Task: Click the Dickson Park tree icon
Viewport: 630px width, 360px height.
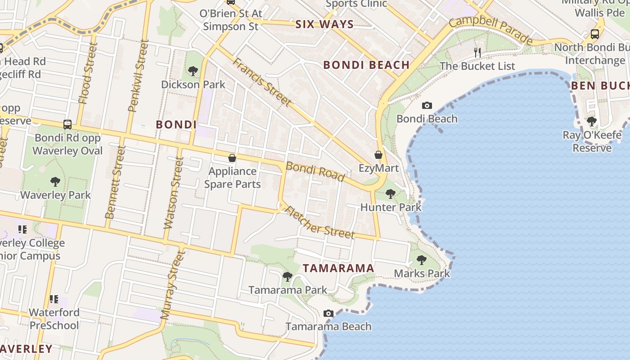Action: (x=193, y=71)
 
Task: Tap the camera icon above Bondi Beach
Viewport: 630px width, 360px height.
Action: (x=427, y=106)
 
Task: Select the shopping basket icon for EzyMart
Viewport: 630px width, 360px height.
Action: (x=378, y=155)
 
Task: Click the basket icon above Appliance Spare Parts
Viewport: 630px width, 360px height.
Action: (x=232, y=158)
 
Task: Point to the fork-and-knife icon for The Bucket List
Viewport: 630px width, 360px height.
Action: (x=477, y=53)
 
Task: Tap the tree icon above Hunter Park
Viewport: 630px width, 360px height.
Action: (x=391, y=194)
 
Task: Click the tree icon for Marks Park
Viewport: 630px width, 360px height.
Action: (x=422, y=260)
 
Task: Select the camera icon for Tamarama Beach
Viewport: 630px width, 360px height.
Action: (x=328, y=313)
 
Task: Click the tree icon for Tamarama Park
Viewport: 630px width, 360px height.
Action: (x=288, y=276)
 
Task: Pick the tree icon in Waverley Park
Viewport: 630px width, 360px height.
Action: (x=55, y=182)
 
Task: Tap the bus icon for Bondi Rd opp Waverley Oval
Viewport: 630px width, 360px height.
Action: (x=67, y=124)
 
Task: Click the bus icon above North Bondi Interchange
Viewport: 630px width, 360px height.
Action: (x=594, y=34)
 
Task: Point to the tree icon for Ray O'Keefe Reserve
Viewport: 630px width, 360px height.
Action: (x=592, y=121)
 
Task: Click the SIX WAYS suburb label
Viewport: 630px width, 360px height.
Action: (x=324, y=24)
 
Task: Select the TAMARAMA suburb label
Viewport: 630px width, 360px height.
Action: (x=338, y=268)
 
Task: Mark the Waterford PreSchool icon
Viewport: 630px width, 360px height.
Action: (x=54, y=299)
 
